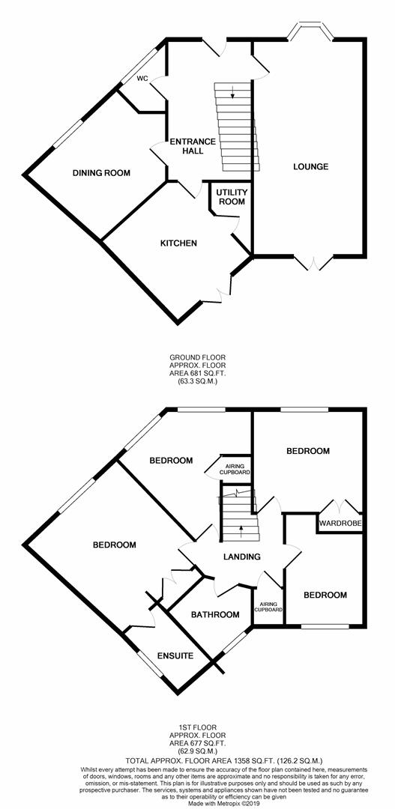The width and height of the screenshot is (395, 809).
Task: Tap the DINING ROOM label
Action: [x=101, y=173]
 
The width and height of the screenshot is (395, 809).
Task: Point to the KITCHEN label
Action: [x=178, y=243]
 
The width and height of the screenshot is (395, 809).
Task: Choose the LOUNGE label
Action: [x=310, y=166]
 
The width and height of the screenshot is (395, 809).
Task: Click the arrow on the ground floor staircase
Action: [x=232, y=94]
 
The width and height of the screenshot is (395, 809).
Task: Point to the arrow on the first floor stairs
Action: [x=241, y=529]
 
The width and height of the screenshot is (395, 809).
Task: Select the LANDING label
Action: [x=242, y=557]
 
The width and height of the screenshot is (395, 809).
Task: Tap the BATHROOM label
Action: [x=215, y=615]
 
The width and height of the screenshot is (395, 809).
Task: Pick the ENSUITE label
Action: [x=175, y=656]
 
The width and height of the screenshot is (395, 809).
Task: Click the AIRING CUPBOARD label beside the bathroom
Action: [x=268, y=606]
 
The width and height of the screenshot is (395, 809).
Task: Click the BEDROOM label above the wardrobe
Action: [x=308, y=451]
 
